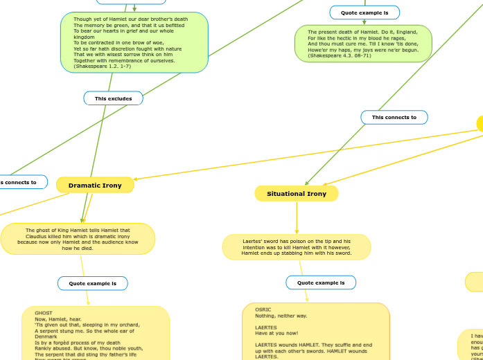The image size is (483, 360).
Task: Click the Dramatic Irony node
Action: [95, 186]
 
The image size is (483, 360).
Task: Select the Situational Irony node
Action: [297, 194]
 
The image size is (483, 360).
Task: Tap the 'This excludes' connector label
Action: [113, 99]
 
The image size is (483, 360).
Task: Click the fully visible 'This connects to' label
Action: [394, 118]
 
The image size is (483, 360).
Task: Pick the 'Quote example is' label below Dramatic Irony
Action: [92, 283]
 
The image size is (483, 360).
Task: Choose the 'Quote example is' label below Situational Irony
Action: [320, 282]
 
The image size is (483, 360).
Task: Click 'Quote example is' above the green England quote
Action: [364, 12]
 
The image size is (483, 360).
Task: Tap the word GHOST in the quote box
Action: [44, 313]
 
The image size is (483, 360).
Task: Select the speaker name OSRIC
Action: [263, 309]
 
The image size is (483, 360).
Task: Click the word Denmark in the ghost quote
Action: [46, 336]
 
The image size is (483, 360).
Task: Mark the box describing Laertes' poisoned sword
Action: [296, 247]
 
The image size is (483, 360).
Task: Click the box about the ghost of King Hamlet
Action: [78, 239]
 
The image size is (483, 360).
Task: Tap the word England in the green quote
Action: [416, 32]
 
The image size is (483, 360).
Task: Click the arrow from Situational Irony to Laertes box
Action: [297, 218]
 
